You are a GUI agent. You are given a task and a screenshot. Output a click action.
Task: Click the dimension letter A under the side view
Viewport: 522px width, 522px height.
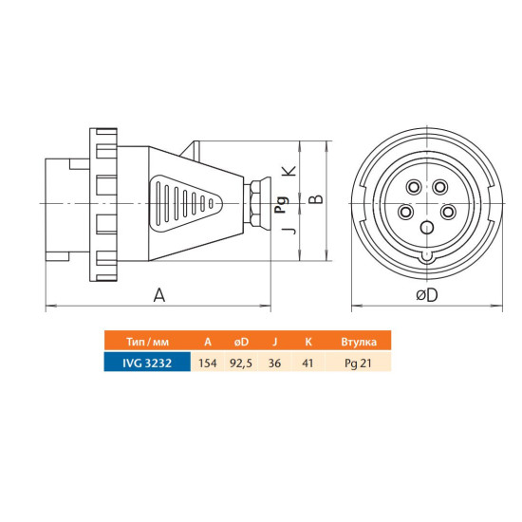click(159, 295)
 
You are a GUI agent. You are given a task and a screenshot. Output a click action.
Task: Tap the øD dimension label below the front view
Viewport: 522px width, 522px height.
click(427, 294)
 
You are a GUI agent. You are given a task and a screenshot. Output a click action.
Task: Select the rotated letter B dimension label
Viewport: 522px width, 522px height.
click(317, 198)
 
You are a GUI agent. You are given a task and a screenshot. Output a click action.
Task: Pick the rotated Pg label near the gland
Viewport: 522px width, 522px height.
click(281, 205)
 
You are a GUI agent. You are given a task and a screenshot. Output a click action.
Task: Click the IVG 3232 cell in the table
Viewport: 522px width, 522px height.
click(147, 363)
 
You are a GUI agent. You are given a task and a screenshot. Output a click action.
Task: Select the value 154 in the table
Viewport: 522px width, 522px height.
click(208, 363)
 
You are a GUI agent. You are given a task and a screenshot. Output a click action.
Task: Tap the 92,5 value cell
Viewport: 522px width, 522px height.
click(241, 364)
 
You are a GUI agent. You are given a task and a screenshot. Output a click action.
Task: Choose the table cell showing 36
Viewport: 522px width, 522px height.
click(274, 363)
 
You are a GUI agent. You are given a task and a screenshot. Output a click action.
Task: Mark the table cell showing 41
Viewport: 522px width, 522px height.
click(308, 363)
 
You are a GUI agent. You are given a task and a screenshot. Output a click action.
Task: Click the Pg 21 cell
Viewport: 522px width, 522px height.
click(358, 364)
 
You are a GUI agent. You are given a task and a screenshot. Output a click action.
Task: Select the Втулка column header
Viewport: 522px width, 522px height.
click(359, 342)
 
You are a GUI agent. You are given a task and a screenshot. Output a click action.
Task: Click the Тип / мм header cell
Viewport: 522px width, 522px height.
click(147, 342)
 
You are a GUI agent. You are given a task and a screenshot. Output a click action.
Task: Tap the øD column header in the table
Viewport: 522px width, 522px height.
click(241, 342)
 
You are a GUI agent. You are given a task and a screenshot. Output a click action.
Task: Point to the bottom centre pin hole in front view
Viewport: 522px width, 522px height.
click(427, 228)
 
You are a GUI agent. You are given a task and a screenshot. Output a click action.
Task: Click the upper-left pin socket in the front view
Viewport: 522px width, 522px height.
click(414, 187)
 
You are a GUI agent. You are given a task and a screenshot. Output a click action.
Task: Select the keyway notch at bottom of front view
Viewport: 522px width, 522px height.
click(427, 256)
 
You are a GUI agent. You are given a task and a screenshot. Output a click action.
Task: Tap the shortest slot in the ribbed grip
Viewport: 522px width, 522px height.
click(211, 203)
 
